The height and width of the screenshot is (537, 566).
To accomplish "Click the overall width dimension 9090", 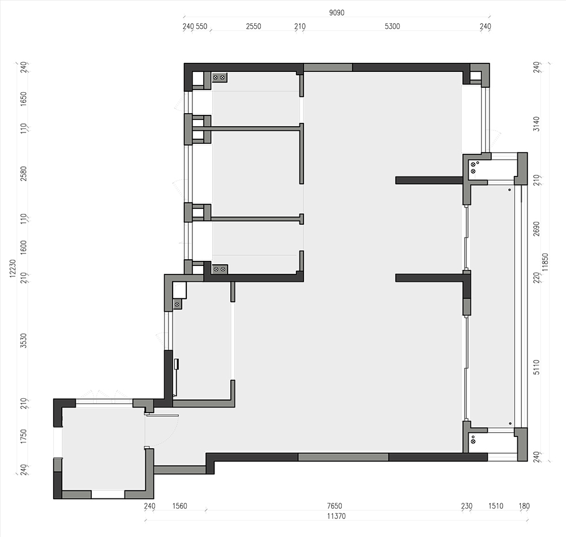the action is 336,12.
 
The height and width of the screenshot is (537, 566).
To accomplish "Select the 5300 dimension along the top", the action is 392,26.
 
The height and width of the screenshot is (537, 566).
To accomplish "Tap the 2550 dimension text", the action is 254,26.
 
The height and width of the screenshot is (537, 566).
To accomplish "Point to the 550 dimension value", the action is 201,26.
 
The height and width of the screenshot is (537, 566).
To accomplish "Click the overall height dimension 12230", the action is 13,268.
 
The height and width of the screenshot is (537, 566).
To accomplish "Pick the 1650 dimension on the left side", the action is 23,99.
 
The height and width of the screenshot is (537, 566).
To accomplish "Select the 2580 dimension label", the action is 23,174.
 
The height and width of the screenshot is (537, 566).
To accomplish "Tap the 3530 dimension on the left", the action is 23,340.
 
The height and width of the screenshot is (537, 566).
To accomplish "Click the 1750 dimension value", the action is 23,436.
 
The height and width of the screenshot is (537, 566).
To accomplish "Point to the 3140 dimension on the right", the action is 537,124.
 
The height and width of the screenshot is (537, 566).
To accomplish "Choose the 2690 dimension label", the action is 537,229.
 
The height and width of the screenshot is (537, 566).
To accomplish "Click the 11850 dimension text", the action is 545,262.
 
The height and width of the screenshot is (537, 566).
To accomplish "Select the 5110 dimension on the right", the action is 537,367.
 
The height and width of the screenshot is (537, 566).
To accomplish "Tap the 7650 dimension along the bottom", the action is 335,506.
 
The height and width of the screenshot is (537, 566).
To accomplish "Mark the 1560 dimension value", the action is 179,506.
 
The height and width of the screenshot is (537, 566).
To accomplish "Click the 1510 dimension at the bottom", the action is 496,506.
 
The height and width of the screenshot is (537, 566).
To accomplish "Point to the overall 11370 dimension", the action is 336,516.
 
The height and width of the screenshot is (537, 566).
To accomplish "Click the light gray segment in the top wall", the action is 328,67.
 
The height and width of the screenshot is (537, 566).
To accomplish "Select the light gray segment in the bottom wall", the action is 344,457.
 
